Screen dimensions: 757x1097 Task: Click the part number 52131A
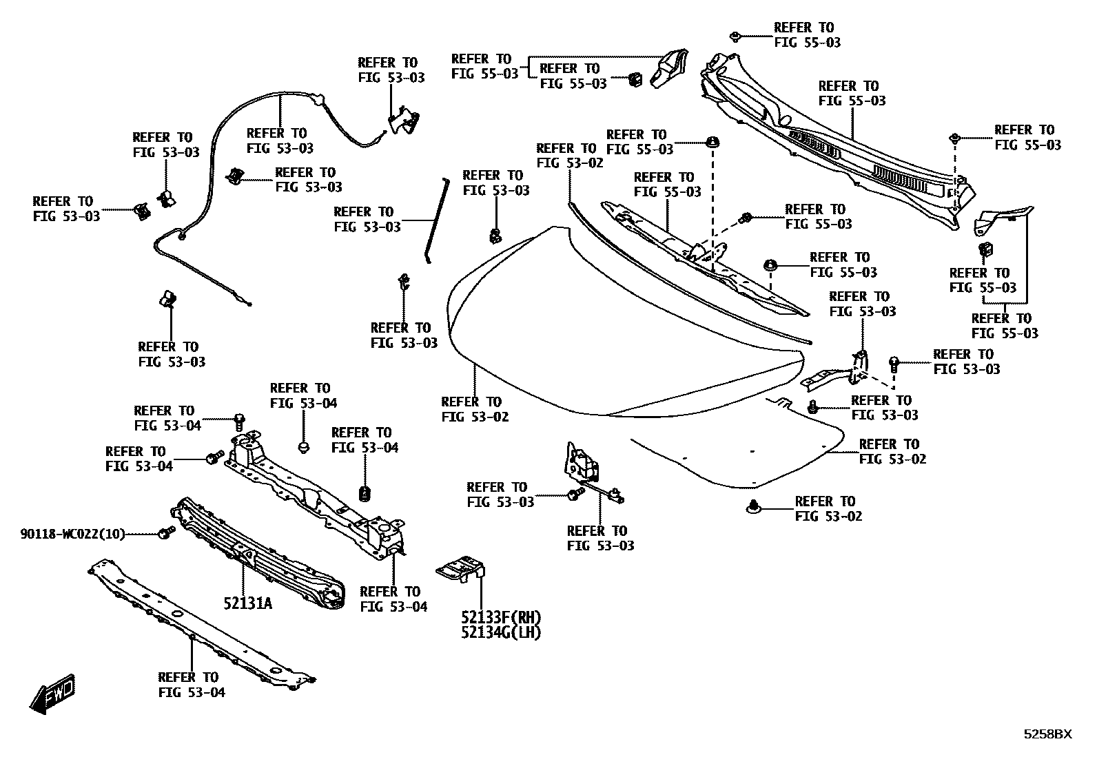[x=247, y=604]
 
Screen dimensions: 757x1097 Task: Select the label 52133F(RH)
[x=501, y=616]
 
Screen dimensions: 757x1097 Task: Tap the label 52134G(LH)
[x=501, y=631]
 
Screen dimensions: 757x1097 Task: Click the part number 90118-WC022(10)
[x=72, y=534]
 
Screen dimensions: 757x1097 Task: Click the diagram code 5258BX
[x=1047, y=734]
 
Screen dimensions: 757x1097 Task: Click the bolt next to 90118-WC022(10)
[x=165, y=533]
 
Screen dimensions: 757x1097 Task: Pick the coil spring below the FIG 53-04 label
[x=366, y=493]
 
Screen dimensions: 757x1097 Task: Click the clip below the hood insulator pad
[x=753, y=508]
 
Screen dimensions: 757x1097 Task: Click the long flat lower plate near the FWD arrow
[x=200, y=623]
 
